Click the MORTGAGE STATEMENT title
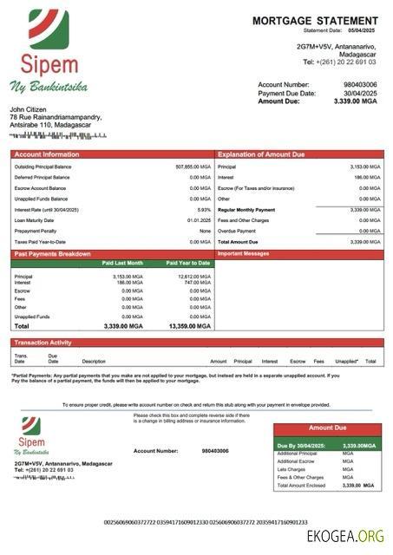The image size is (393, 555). tap(315, 20)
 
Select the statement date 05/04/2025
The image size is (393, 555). tap(363, 30)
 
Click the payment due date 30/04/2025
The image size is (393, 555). tap(360, 93)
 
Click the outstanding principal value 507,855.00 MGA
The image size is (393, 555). tap(193, 166)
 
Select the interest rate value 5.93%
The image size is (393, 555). tap(204, 210)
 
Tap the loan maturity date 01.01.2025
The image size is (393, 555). tap(199, 220)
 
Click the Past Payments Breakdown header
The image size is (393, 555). tap(51, 254)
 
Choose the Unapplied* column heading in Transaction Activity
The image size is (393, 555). tap(346, 361)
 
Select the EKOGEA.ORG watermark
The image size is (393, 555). tap(345, 536)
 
